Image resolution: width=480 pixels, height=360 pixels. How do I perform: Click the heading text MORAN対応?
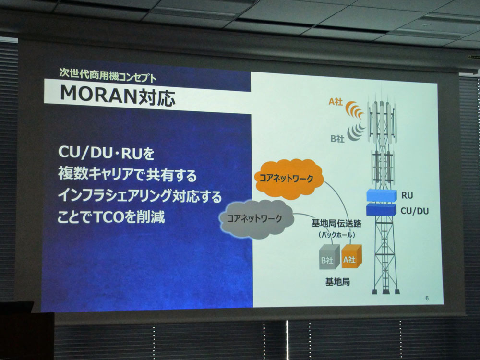tap(118, 96)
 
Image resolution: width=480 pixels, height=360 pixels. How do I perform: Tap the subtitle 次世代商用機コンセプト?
tap(108, 74)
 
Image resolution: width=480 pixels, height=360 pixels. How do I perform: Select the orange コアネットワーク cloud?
tap(288, 179)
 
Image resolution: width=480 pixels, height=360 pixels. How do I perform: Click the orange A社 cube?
tap(351, 256)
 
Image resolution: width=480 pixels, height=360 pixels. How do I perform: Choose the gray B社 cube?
tap(329, 257)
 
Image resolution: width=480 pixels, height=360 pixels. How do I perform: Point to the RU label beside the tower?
tap(407, 195)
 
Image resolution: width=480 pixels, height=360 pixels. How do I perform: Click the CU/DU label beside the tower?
tap(415, 211)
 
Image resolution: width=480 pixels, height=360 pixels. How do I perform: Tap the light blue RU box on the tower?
tap(382, 195)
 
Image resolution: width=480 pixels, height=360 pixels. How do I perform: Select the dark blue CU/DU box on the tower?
tap(382, 209)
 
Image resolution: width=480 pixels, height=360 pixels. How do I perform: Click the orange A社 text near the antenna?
tap(336, 101)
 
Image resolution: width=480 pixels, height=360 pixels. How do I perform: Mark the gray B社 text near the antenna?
tap(337, 139)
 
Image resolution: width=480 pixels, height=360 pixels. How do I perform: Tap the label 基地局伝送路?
tap(336, 223)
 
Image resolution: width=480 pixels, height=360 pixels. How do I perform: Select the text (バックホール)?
tap(337, 235)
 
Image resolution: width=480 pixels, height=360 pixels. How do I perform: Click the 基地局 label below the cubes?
tap(337, 282)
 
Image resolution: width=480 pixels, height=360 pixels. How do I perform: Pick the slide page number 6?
tap(427, 298)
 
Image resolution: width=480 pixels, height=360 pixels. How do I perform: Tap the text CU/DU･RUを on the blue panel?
tap(106, 153)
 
